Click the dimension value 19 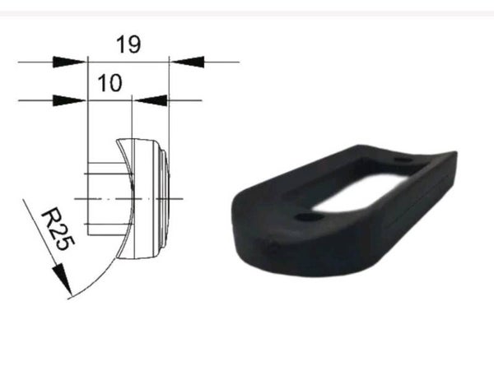tap(128, 44)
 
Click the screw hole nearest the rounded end tap(308, 218)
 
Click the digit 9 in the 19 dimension tap(133, 44)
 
